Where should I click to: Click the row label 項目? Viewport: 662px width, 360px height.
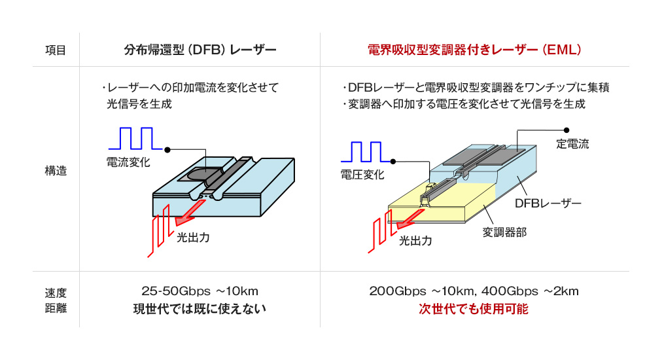[56, 50]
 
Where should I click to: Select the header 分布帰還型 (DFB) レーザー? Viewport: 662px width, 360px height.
[200, 50]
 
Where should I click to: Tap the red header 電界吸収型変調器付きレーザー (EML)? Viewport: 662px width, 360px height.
[474, 50]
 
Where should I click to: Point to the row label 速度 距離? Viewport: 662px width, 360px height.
[56, 299]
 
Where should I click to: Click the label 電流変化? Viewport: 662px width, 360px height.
[128, 162]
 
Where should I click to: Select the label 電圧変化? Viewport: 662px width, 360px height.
[362, 175]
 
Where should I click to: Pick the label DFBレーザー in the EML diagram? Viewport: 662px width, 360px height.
[548, 203]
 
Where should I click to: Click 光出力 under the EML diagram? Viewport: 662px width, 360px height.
[416, 240]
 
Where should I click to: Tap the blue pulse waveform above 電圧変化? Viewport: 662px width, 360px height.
[366, 151]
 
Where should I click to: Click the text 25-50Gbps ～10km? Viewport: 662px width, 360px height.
[200, 291]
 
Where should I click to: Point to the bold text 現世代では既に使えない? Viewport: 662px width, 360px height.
[200, 309]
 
